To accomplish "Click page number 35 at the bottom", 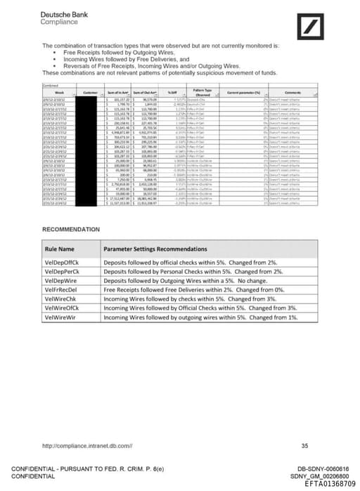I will coord(304,445).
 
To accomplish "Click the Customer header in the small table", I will coord(90,92).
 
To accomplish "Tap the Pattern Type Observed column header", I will coord(203,92).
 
